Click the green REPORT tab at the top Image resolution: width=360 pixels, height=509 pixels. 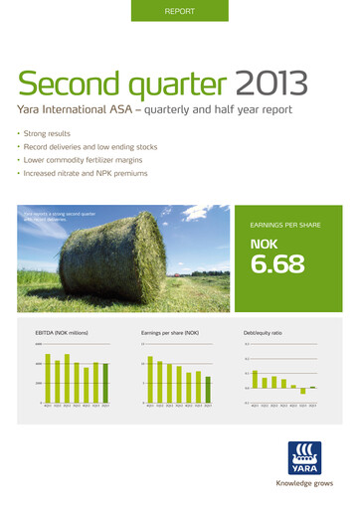pos(179,11)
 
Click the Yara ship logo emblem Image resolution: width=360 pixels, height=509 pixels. pos(304,456)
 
